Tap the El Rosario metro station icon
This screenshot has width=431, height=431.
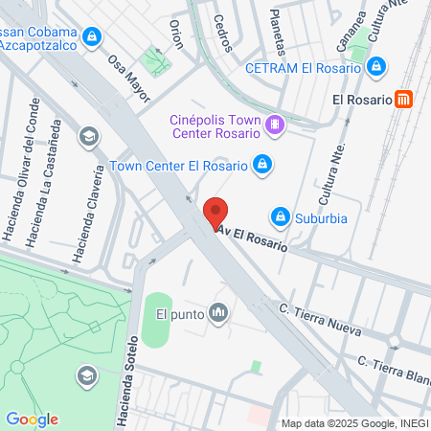point(407,99)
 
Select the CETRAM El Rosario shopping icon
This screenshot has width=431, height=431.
point(376,67)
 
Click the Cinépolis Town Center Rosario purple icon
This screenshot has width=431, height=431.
point(276,125)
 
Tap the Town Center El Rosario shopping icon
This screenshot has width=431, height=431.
point(261,166)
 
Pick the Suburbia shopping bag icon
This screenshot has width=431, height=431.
point(281,217)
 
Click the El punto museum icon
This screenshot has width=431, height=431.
point(219,312)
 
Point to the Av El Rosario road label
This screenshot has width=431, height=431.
point(253,238)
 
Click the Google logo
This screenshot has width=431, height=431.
point(32,419)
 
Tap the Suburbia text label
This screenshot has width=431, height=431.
point(321,217)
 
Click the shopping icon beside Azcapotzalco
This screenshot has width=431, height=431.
point(91,37)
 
